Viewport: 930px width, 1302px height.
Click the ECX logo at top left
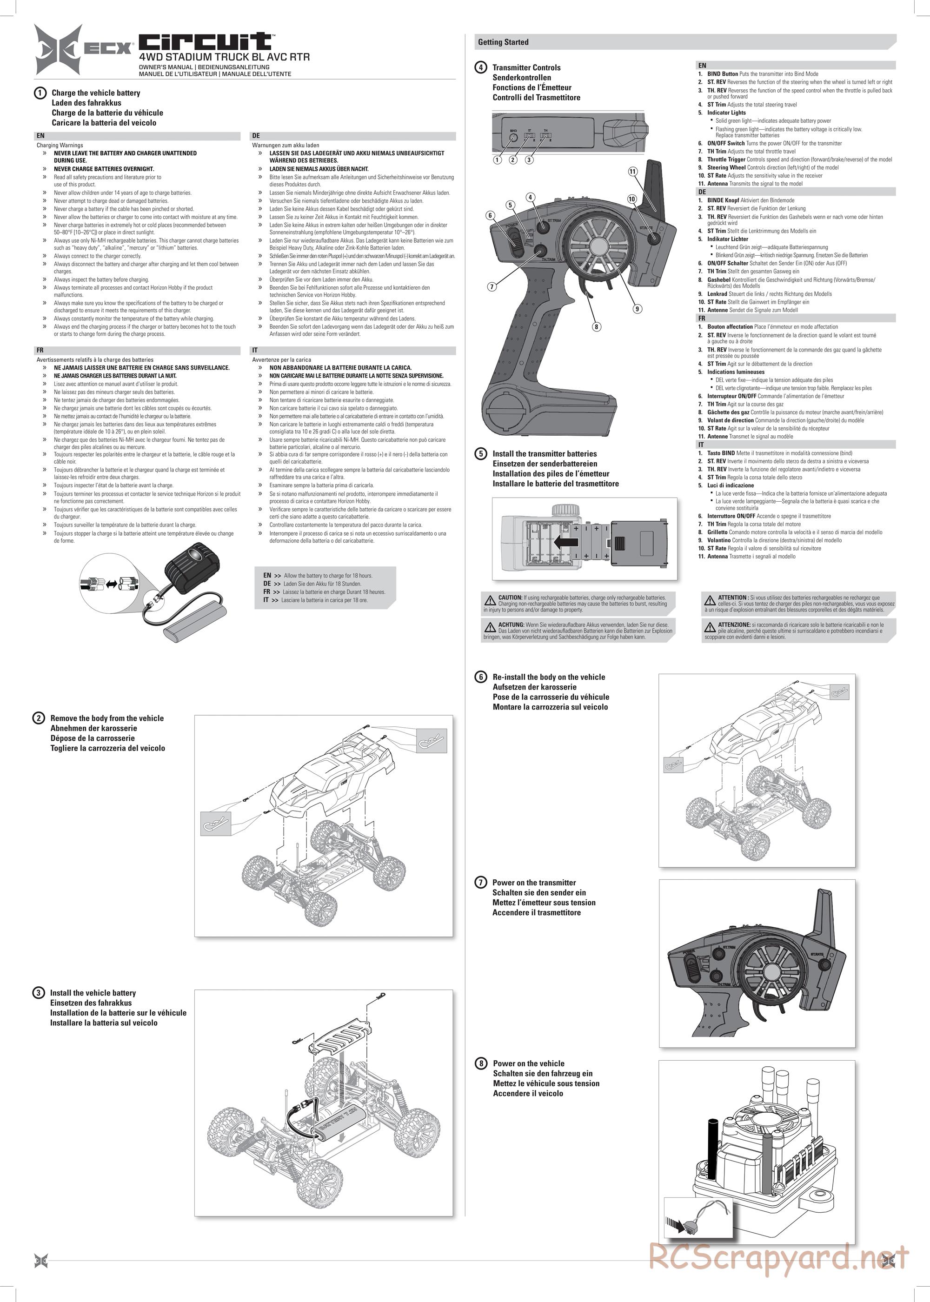pyautogui.click(x=83, y=49)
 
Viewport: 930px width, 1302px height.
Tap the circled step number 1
pyautogui.click(x=40, y=93)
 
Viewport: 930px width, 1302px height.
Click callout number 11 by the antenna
pyautogui.click(x=633, y=171)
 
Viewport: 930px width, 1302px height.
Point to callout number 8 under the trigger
pyautogui.click(x=596, y=326)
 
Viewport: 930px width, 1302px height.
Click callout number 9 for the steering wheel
pyautogui.click(x=637, y=309)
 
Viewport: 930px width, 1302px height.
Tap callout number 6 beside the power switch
pyautogui.click(x=490, y=215)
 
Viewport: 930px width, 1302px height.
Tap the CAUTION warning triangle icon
pyautogui.click(x=490, y=600)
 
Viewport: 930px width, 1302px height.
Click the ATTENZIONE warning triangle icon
pyautogui.click(x=710, y=628)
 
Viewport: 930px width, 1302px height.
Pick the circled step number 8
pyautogui.click(x=481, y=1063)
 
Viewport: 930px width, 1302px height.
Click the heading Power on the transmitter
pyautogui.click(x=534, y=882)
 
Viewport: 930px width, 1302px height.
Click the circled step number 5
pyautogui.click(x=481, y=453)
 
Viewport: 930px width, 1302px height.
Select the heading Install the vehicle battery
pyautogui.click(x=93, y=993)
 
